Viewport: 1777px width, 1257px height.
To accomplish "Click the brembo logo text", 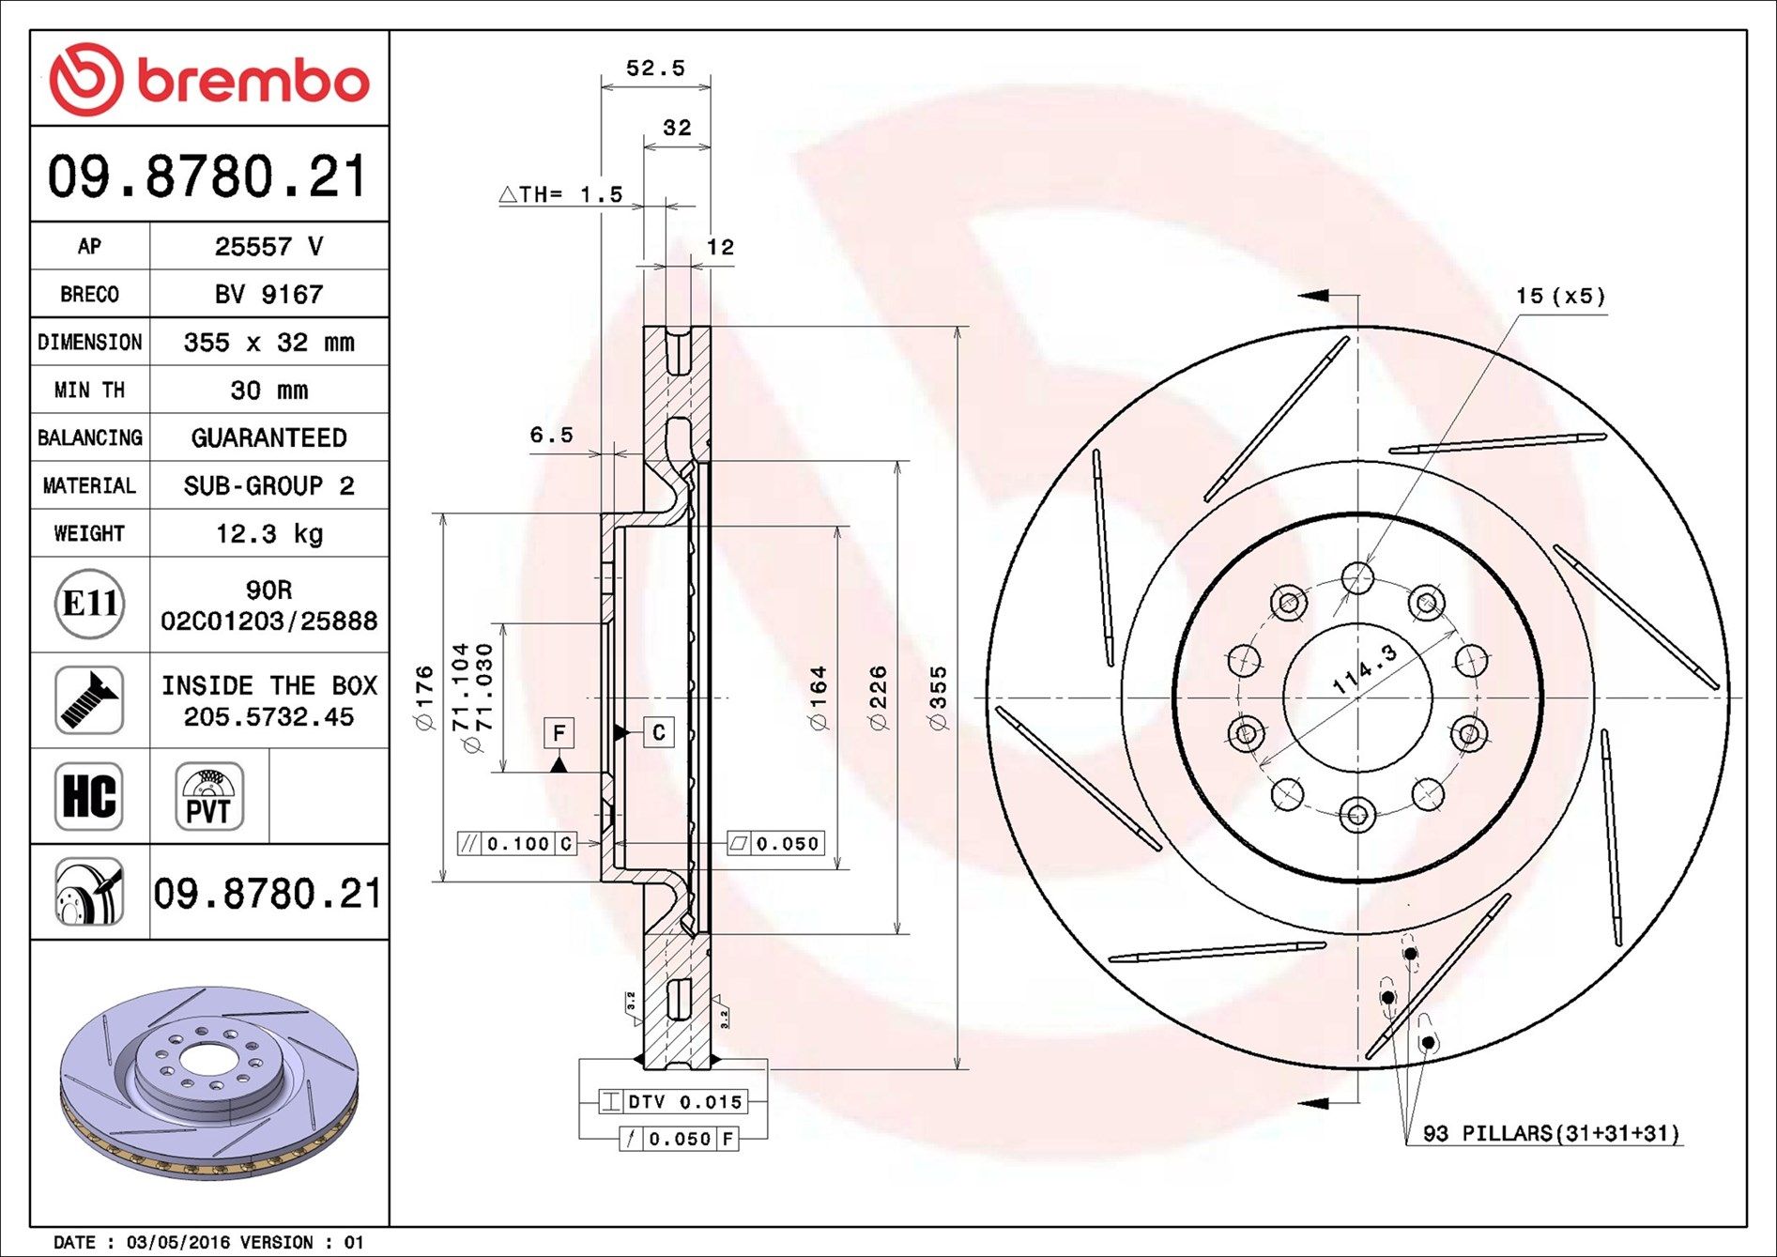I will pyautogui.click(x=253, y=81).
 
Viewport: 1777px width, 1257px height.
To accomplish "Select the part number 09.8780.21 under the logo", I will pyautogui.click(x=207, y=176).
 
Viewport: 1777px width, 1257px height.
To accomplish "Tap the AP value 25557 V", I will pyautogui.click(x=268, y=247).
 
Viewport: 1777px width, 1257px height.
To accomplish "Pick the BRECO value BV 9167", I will pyautogui.click(x=268, y=295).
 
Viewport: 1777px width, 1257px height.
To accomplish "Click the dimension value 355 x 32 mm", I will pyautogui.click(x=268, y=343).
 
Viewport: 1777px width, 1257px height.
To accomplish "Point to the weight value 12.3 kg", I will pyautogui.click(x=268, y=534).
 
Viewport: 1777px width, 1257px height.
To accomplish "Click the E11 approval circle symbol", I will pyautogui.click(x=89, y=604).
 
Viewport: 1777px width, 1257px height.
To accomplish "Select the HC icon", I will pyautogui.click(x=89, y=796).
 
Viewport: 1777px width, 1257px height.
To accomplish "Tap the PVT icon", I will pyautogui.click(x=208, y=796).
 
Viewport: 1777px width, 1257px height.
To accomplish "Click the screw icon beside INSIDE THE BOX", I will pyautogui.click(x=89, y=700).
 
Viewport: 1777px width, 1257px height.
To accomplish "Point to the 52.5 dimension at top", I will pyautogui.click(x=655, y=69).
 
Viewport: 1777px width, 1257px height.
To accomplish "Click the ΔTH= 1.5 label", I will pyautogui.click(x=561, y=194).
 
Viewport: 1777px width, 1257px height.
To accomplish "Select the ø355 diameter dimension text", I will pyautogui.click(x=938, y=698).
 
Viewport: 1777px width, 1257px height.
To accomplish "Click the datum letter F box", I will pyautogui.click(x=559, y=732).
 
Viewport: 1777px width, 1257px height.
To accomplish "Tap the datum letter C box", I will pyautogui.click(x=659, y=732).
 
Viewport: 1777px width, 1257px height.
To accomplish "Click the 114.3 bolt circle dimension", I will pyautogui.click(x=1365, y=669).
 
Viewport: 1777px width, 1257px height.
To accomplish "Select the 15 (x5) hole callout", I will pyautogui.click(x=1560, y=297).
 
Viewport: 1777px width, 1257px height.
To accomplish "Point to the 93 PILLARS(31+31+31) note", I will pyautogui.click(x=1551, y=1134).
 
